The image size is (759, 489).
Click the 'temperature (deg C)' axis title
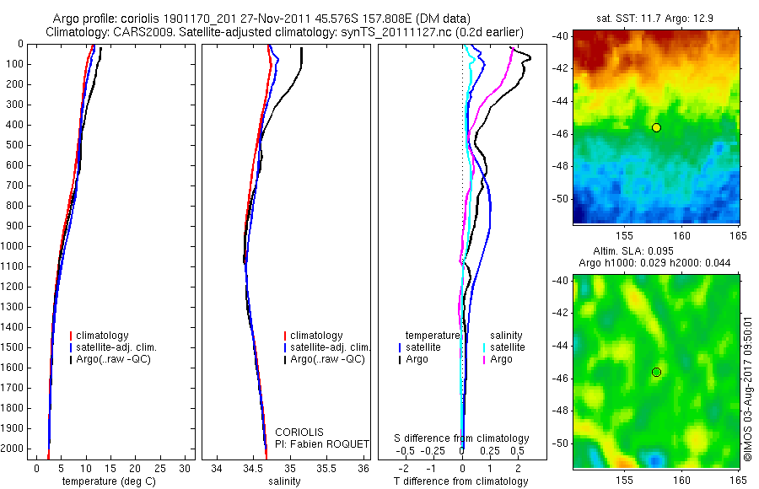105,481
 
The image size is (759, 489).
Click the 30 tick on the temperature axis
186,468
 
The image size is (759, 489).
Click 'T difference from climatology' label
461,481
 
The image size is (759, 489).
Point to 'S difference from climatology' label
462,438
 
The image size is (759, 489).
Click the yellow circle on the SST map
656,127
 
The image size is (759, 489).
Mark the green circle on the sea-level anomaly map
656,372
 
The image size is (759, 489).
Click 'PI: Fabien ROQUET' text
322,443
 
